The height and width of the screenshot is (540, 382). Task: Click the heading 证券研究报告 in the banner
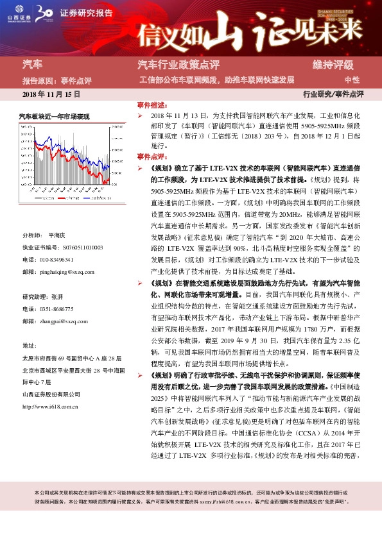click(82, 12)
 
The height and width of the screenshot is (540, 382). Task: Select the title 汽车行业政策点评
click(178, 65)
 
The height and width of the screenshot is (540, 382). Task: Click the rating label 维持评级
click(333, 65)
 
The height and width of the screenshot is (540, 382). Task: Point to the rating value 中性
click(352, 80)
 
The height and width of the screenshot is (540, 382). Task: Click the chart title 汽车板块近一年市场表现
click(54, 116)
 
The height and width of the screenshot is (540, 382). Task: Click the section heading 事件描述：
click(152, 104)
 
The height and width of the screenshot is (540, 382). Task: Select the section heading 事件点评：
click(152, 156)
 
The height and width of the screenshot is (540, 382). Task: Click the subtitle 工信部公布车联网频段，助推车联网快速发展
click(217, 80)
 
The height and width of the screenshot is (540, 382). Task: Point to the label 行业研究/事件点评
click(333, 94)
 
